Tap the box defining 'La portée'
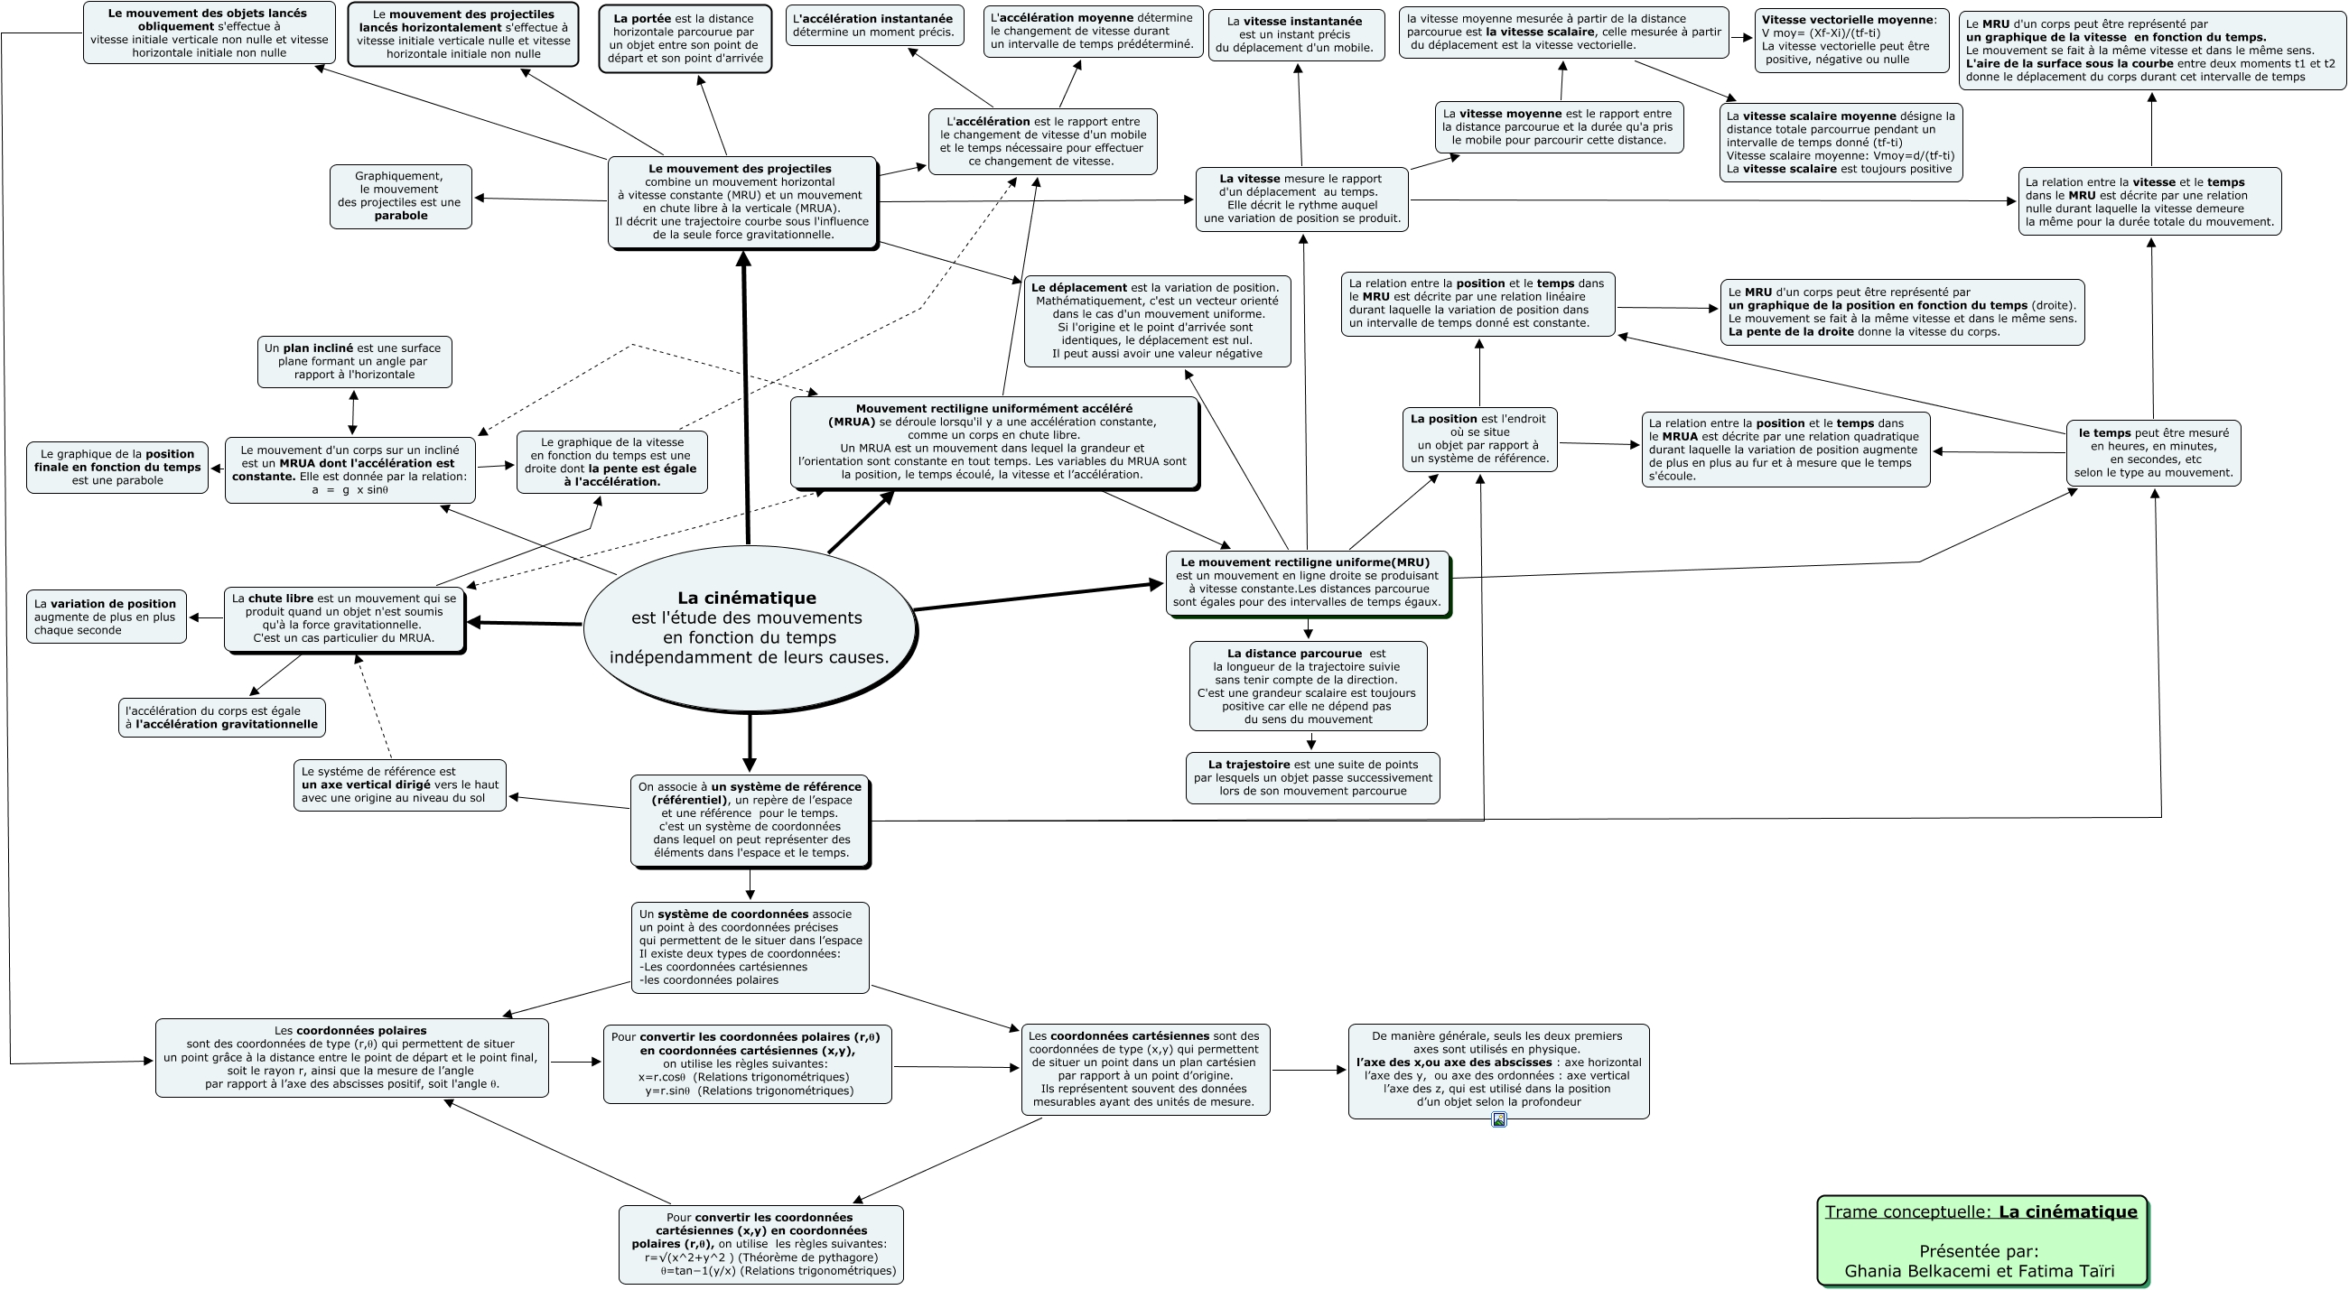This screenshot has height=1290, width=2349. (685, 38)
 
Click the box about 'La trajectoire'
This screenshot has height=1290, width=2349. (1312, 777)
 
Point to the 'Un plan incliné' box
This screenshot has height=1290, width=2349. (354, 361)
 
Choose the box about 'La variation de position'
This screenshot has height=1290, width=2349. (106, 617)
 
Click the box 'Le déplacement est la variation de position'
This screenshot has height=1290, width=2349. (1157, 320)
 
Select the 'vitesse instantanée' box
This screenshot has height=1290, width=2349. (1295, 34)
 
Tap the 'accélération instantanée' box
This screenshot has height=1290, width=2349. (873, 25)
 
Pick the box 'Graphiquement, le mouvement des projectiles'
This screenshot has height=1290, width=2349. (400, 196)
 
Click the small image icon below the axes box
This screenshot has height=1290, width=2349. (1498, 1119)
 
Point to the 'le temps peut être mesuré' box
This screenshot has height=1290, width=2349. (2152, 452)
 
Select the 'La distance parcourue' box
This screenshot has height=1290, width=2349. (1308, 685)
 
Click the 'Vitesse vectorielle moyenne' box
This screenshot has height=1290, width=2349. (1851, 40)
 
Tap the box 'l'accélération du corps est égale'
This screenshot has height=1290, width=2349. (221, 718)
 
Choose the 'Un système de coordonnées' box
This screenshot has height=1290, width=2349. (750, 947)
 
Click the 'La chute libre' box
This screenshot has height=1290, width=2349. (345, 619)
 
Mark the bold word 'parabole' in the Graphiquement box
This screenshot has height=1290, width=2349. (401, 216)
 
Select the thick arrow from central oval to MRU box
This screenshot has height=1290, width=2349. (1038, 596)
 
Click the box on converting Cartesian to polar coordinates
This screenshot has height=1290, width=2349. (760, 1243)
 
